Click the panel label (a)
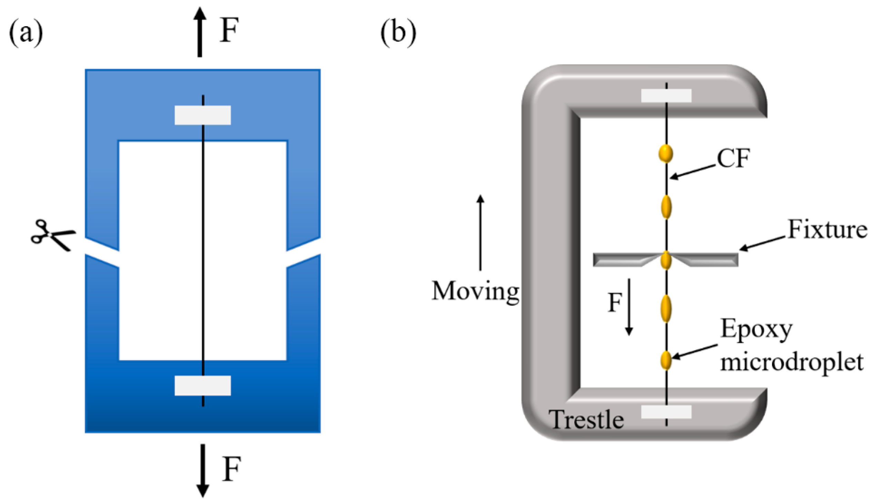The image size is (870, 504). click(x=26, y=34)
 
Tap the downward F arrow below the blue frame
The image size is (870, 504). click(x=203, y=470)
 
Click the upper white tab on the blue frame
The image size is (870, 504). click(x=203, y=115)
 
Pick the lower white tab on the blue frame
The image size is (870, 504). click(x=203, y=385)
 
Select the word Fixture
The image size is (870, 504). click(x=827, y=230)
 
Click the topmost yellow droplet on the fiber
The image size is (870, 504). click(x=666, y=153)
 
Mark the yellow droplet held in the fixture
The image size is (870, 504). click(x=666, y=260)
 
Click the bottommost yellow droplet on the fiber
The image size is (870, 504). click(x=666, y=360)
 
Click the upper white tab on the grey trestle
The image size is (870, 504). click(x=666, y=95)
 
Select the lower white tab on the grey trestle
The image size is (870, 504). click(x=666, y=412)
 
